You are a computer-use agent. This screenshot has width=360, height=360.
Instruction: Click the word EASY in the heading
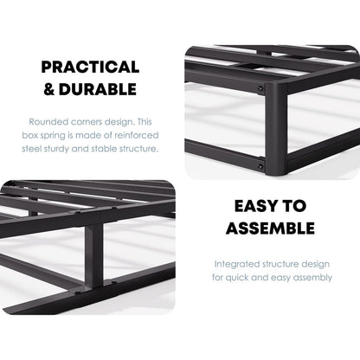coord(257,207)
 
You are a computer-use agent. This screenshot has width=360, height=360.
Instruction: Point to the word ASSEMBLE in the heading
coord(269,228)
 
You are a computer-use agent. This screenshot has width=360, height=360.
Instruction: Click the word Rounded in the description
coord(48,121)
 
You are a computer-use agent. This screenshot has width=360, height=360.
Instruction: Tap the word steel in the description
coord(42,148)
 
